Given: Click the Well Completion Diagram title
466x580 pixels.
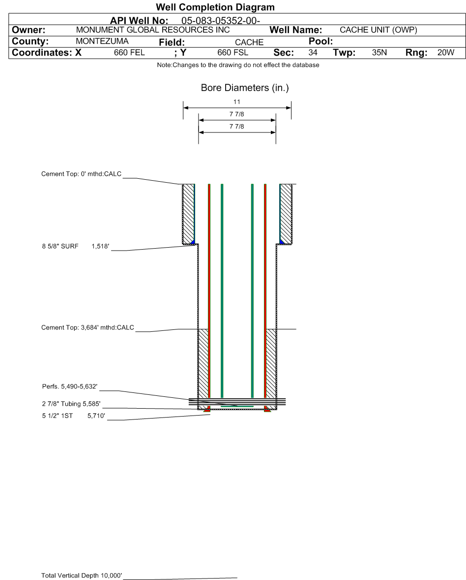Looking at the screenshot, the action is [x=215, y=7].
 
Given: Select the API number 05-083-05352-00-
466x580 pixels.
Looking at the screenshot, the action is [x=220, y=21].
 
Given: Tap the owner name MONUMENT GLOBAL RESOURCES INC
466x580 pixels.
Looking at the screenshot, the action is [x=152, y=30].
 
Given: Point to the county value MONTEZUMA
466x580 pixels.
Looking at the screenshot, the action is [x=102, y=41].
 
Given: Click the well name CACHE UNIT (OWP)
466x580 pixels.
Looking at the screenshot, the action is [x=378, y=30].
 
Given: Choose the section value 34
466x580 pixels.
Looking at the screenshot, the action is [x=313, y=53].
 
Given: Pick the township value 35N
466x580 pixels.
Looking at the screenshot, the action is [x=379, y=53].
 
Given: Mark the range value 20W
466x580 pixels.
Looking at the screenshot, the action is [x=446, y=53].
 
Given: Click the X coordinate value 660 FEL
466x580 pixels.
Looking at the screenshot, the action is [x=129, y=53].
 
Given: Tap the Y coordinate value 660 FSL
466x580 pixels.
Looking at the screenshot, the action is [x=233, y=53].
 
